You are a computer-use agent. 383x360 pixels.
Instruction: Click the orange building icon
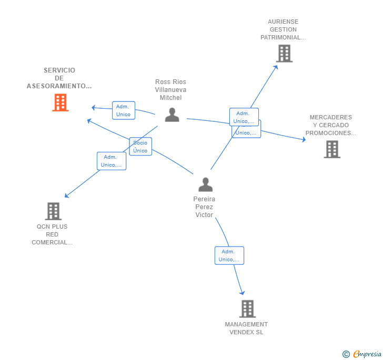click(x=61, y=102)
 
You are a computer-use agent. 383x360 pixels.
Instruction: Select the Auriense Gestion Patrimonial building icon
click(x=284, y=54)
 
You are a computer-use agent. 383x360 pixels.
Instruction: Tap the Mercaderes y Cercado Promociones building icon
click(x=331, y=149)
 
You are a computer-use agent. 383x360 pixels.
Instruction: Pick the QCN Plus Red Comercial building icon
click(x=53, y=211)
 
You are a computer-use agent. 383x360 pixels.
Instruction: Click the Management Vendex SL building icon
click(x=247, y=309)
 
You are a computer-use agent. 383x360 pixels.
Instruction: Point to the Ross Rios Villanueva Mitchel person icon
click(x=172, y=115)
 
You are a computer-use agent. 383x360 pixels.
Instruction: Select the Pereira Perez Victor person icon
click(x=205, y=184)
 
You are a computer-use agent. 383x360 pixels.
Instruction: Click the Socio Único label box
click(x=140, y=147)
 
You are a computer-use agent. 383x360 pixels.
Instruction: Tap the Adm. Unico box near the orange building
click(x=123, y=110)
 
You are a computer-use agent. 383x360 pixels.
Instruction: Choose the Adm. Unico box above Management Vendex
click(x=229, y=255)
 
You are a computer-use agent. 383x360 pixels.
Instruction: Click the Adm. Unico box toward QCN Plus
click(x=112, y=161)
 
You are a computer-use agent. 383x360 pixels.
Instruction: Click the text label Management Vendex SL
click(x=246, y=328)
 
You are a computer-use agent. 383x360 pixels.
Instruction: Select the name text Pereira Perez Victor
click(x=204, y=207)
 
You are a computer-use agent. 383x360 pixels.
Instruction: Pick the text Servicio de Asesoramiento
click(x=59, y=78)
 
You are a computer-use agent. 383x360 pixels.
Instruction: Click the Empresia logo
click(x=367, y=354)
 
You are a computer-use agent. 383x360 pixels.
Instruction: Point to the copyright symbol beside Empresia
click(x=346, y=354)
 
